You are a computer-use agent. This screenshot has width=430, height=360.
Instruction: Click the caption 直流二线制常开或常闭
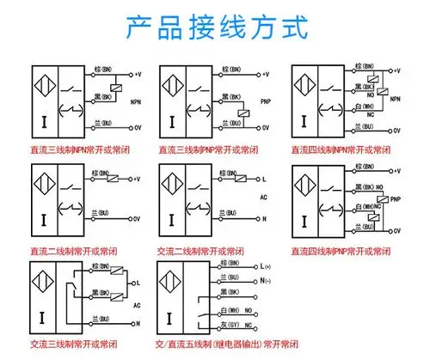point(68,253)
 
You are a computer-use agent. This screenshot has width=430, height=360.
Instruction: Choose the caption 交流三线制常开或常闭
point(68,345)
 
